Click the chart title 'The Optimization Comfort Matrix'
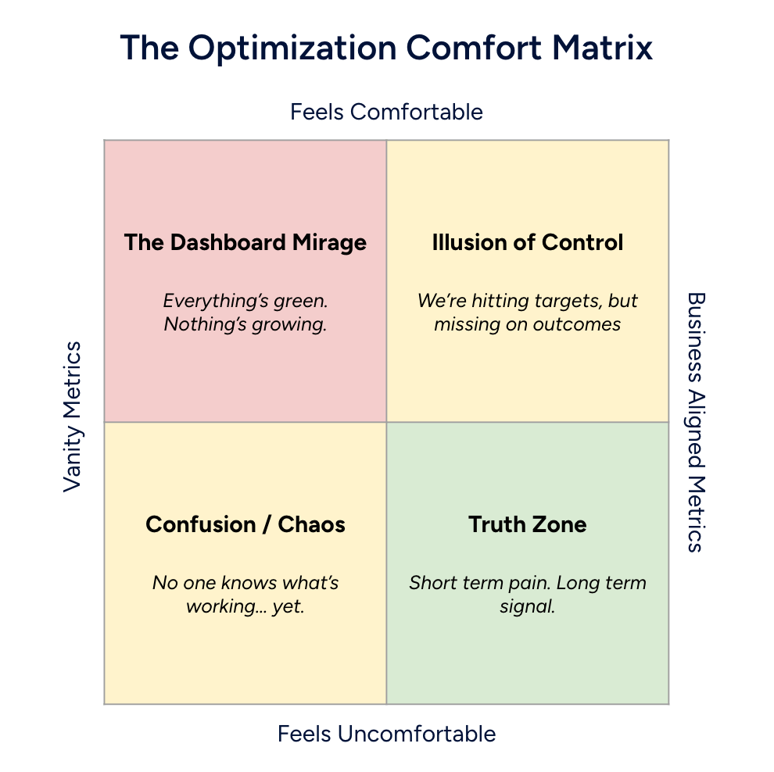pyautogui.click(x=386, y=48)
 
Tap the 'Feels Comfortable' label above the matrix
pyautogui.click(x=386, y=112)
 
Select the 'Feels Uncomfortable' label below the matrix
pyautogui.click(x=386, y=734)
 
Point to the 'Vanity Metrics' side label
pyautogui.click(x=73, y=416)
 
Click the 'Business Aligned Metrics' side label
pyautogui.click(x=695, y=422)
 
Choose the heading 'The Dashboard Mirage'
pyautogui.click(x=245, y=242)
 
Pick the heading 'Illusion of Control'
pyautogui.click(x=528, y=242)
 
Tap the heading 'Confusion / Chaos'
pyautogui.click(x=245, y=524)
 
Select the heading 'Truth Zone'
pyautogui.click(x=528, y=524)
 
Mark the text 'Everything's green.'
pyautogui.click(x=245, y=301)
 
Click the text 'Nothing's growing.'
pyautogui.click(x=245, y=323)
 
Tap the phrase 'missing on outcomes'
pyautogui.click(x=528, y=323)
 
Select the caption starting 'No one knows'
pyautogui.click(x=245, y=593)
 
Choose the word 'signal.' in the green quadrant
pyautogui.click(x=528, y=606)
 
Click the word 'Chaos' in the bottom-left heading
pyautogui.click(x=311, y=524)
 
